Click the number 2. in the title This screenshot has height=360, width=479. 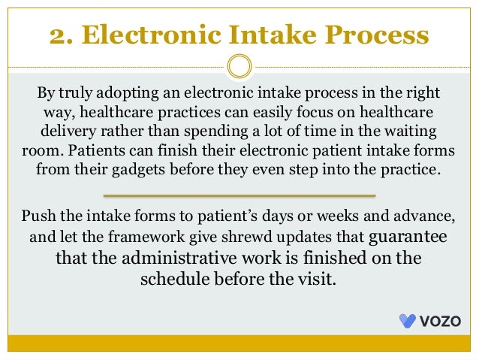(62, 35)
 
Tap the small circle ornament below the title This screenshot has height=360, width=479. (239, 66)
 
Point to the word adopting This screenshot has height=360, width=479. (129, 94)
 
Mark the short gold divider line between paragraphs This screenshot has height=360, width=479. (239, 195)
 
